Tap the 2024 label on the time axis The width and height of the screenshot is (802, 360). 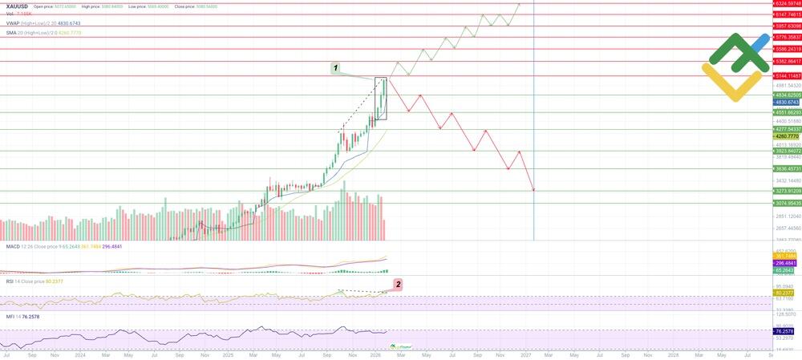pyautogui.click(x=79, y=354)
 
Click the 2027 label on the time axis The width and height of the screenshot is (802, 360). pyautogui.click(x=525, y=354)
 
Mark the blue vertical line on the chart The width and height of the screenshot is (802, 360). pyautogui.click(x=534, y=160)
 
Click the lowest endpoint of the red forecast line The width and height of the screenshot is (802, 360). pyautogui.click(x=533, y=190)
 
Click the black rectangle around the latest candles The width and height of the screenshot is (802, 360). pyautogui.click(x=381, y=99)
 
